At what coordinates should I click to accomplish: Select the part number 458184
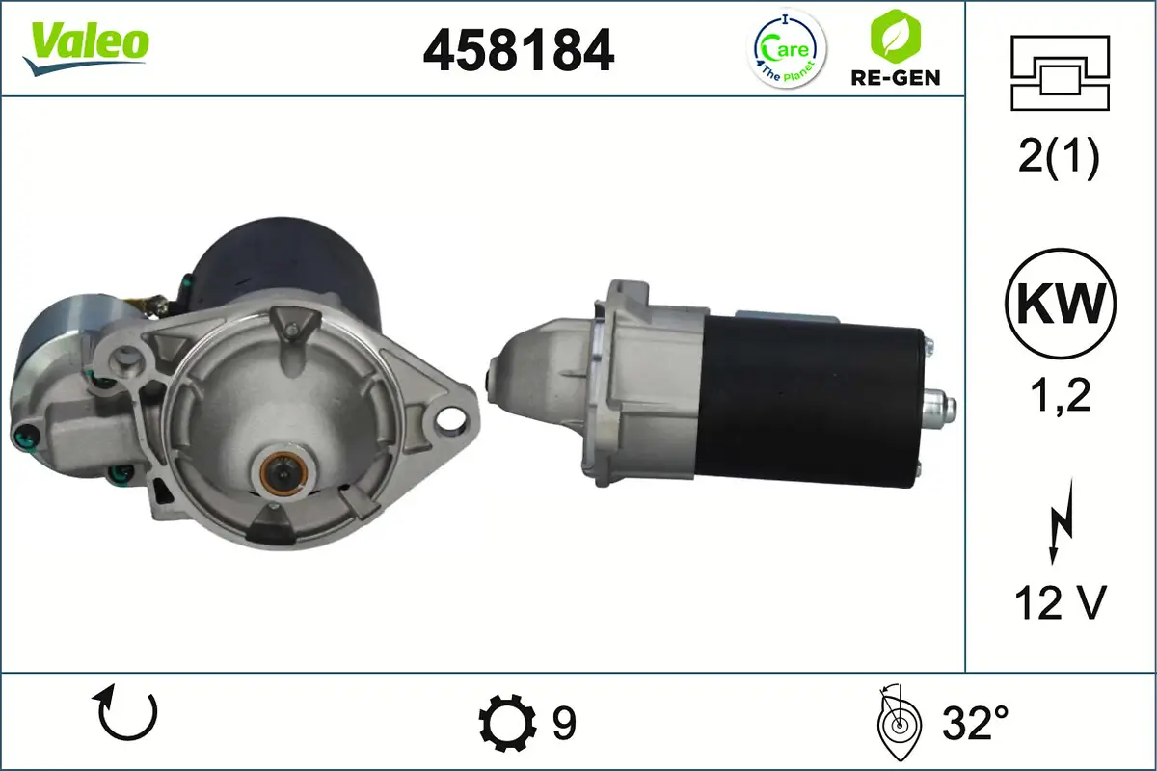tap(519, 49)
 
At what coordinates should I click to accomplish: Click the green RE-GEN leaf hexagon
tap(895, 36)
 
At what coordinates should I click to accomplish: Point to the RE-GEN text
tap(896, 77)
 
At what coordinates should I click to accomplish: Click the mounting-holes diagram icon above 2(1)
tap(1059, 72)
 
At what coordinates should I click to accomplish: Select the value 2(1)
tap(1059, 158)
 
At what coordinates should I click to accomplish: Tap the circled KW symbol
tap(1060, 303)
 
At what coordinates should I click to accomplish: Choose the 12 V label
tap(1059, 602)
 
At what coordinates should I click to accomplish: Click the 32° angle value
tap(975, 721)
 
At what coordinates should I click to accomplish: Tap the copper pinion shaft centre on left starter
tap(283, 472)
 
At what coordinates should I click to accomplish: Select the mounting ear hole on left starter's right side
tap(446, 417)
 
